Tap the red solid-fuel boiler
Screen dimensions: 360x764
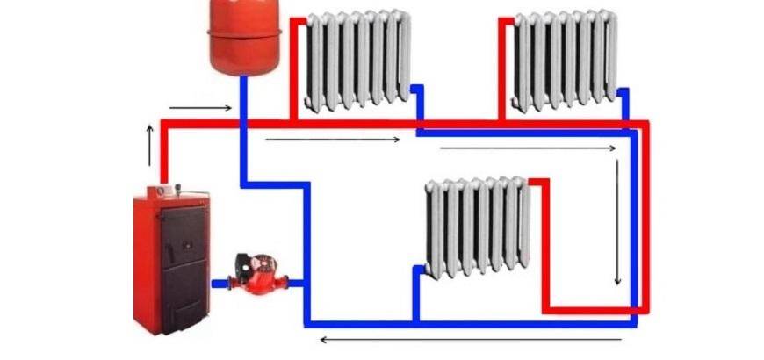click(172, 255)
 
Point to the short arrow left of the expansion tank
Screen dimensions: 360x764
click(200, 109)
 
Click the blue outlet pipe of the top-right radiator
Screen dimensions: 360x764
click(625, 105)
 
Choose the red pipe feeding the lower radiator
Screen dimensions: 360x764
click(545, 246)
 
